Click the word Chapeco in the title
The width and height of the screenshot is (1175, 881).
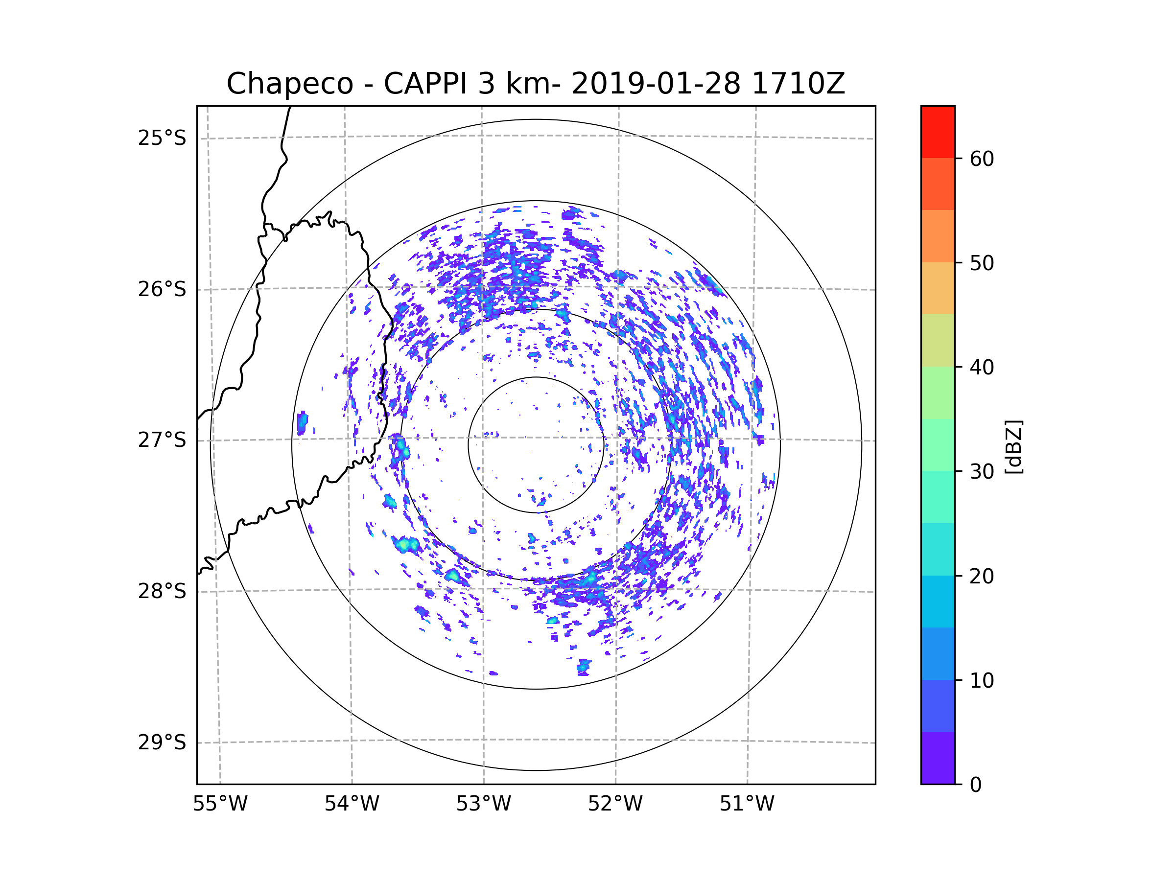[289, 84]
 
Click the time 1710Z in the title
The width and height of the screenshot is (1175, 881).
[798, 84]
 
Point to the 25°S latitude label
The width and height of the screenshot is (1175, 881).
[162, 138]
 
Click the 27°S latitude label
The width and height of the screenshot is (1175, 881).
[162, 440]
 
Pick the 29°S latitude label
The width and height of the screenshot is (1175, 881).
[162, 742]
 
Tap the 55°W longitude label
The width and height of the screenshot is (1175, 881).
[220, 804]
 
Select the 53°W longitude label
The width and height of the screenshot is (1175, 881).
[483, 804]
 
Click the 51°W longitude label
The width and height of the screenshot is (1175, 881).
[747, 804]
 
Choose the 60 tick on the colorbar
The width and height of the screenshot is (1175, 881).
[982, 159]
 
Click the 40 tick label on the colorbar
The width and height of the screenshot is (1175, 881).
[982, 368]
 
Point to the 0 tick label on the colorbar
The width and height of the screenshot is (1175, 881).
[976, 785]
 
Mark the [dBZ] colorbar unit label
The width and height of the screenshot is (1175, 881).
[1013, 446]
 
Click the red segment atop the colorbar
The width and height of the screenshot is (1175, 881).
[938, 132]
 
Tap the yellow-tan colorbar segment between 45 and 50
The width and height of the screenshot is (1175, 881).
[938, 288]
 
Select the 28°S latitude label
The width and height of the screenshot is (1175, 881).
[162, 591]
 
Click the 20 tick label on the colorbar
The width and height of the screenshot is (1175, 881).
[982, 576]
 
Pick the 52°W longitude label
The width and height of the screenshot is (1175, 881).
[615, 804]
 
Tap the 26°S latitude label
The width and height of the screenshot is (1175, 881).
[162, 289]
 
